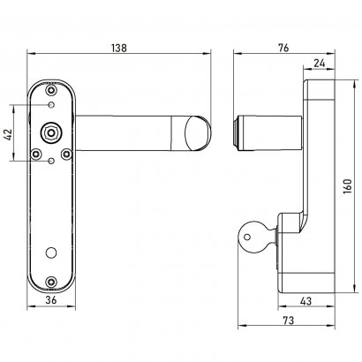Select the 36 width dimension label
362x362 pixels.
pyautogui.click(x=53, y=301)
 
